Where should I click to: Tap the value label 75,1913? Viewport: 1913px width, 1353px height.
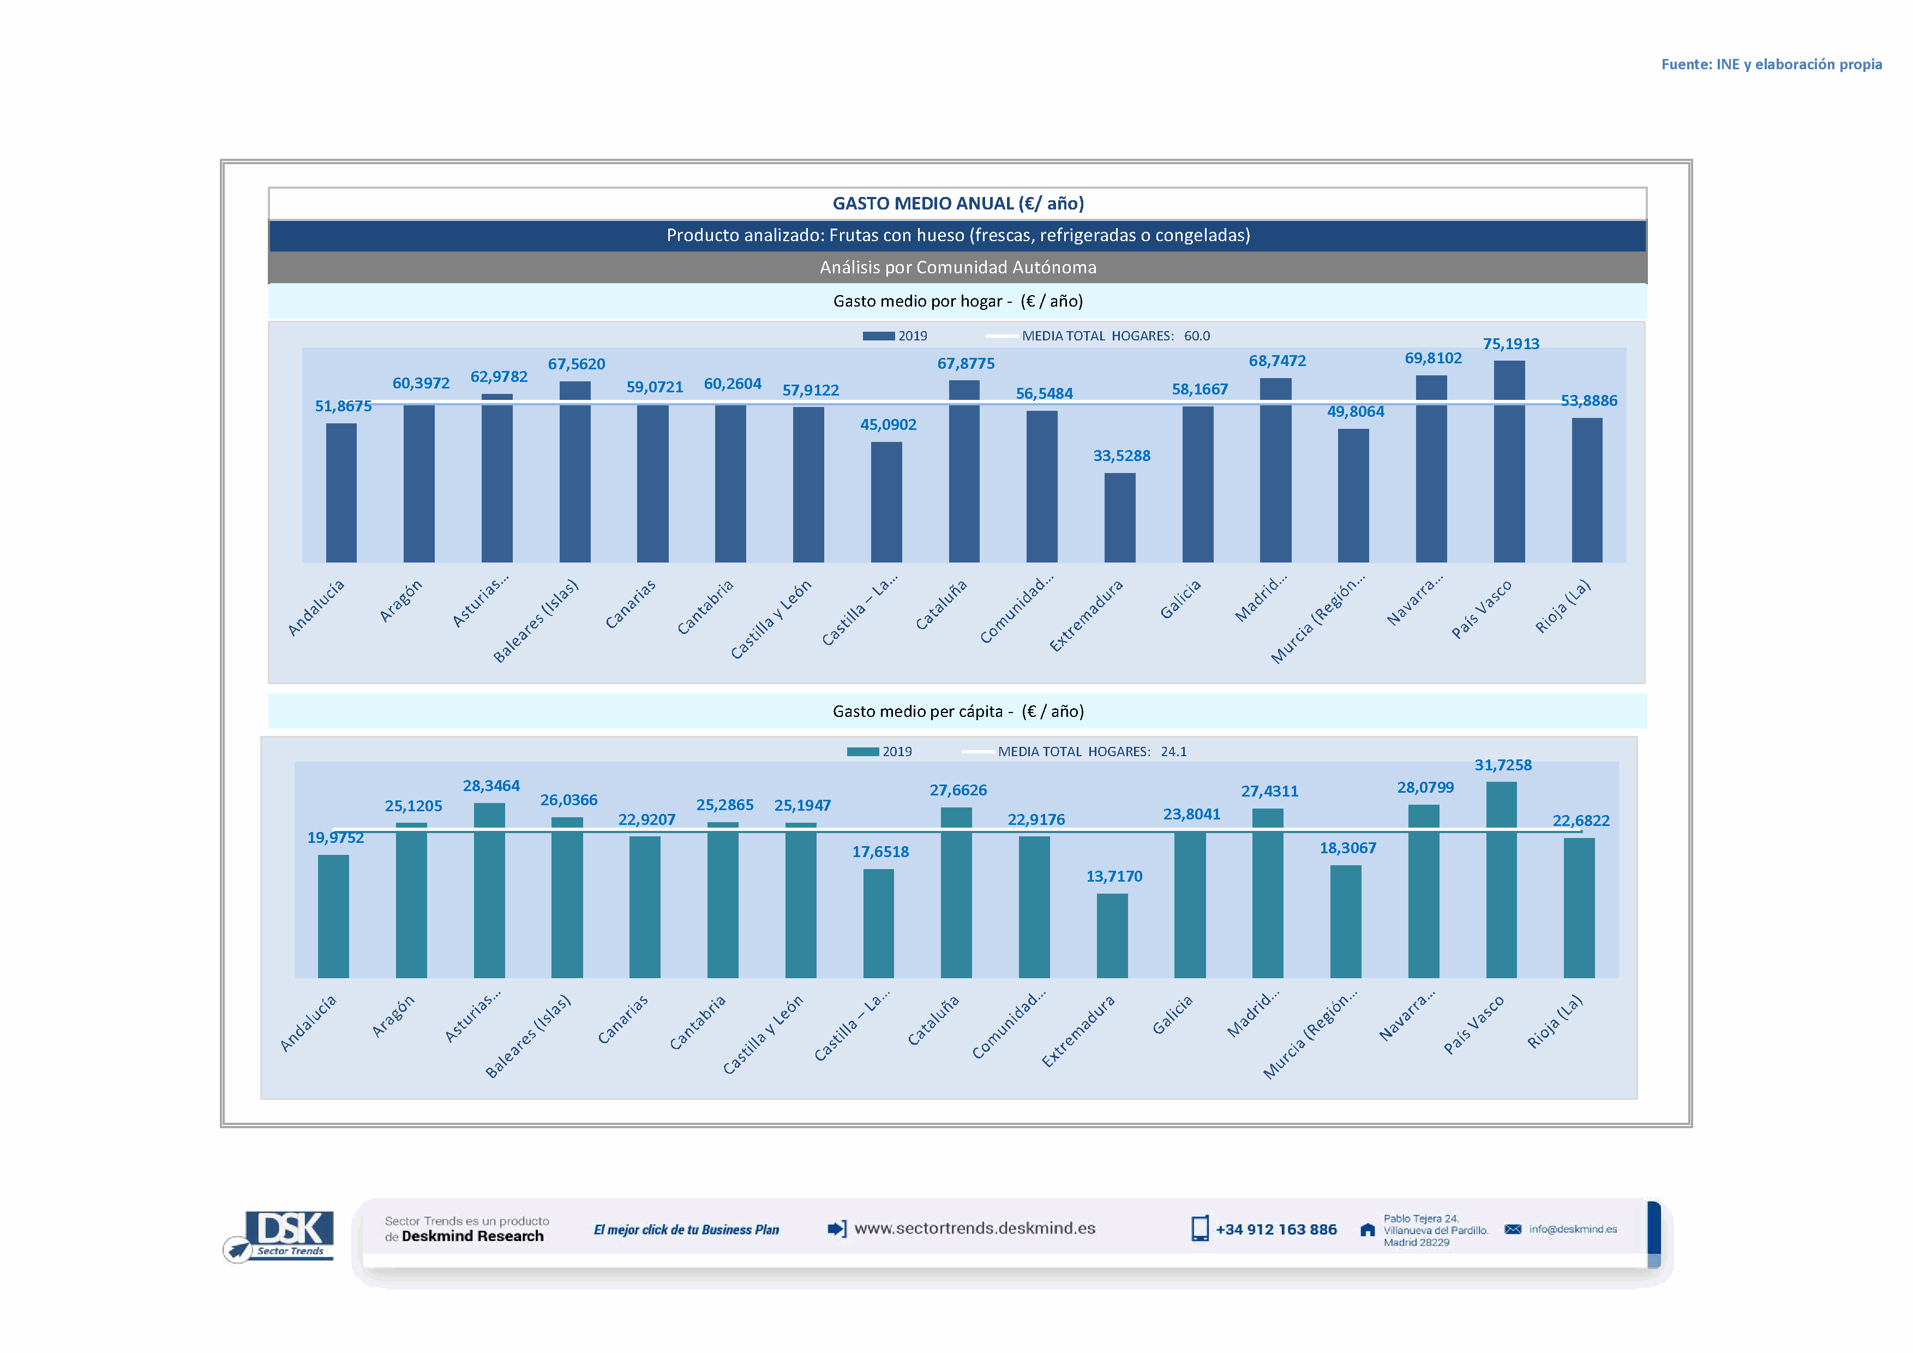1510,344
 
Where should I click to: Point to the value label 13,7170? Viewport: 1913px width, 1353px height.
1114,877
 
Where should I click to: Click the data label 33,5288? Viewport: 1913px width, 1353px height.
1122,456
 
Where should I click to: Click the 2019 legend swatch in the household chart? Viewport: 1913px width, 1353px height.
878,336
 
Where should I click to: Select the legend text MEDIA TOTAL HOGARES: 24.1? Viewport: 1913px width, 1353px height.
1092,751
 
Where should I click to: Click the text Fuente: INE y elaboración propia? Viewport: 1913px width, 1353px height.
1771,64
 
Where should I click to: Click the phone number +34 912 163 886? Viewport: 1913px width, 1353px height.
1276,1230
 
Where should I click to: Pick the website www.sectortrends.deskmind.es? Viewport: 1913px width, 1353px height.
975,1228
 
